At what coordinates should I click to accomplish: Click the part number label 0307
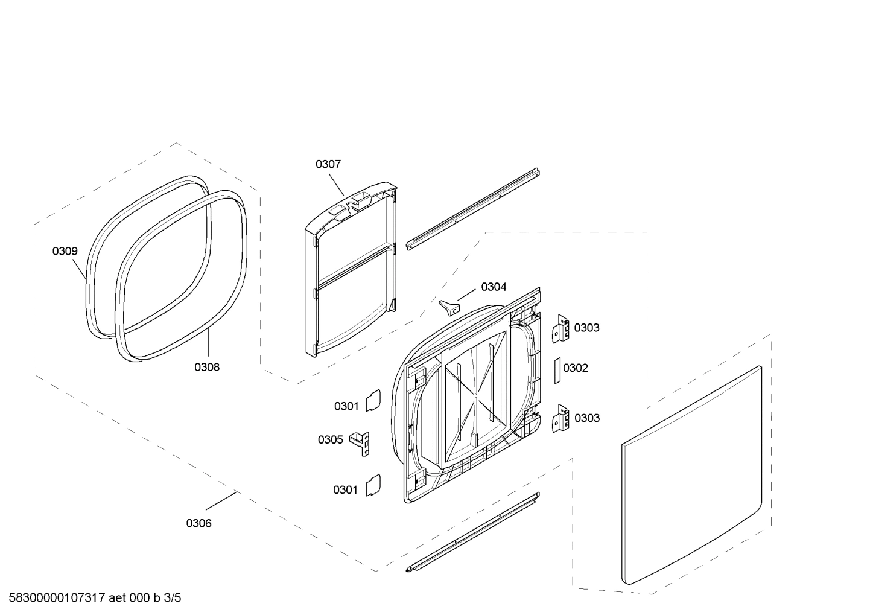(328, 164)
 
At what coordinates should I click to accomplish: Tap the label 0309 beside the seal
(65, 251)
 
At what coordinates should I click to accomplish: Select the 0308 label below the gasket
(206, 367)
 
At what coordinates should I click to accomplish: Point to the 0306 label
(198, 523)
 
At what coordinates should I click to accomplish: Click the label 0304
(494, 287)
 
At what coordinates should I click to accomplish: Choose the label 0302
(575, 368)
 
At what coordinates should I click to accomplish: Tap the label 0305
(330, 439)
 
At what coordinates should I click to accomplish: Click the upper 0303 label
(586, 328)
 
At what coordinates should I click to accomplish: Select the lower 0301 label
(345, 489)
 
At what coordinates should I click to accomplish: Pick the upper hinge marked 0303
(562, 329)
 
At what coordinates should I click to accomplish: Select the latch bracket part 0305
(363, 442)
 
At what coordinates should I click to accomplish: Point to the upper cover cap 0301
(373, 400)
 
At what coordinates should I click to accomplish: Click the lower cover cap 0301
(373, 484)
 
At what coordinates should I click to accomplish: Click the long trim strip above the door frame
(472, 209)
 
